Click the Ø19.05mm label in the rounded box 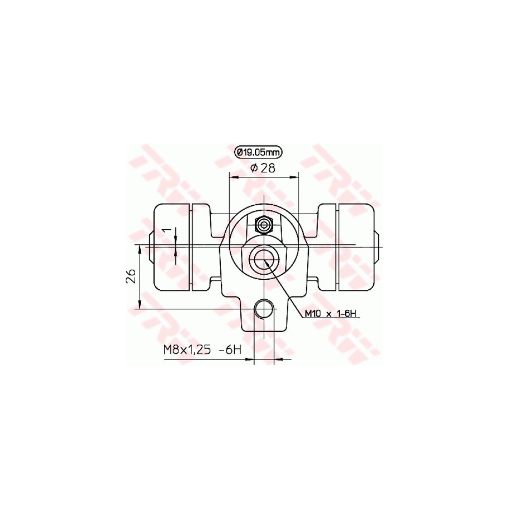[259, 152]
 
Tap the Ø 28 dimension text [263, 168]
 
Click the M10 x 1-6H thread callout [330, 314]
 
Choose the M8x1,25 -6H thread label [202, 350]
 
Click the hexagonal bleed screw [264, 225]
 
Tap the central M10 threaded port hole [264, 259]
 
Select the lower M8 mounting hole [264, 309]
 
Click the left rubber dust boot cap [172, 247]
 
